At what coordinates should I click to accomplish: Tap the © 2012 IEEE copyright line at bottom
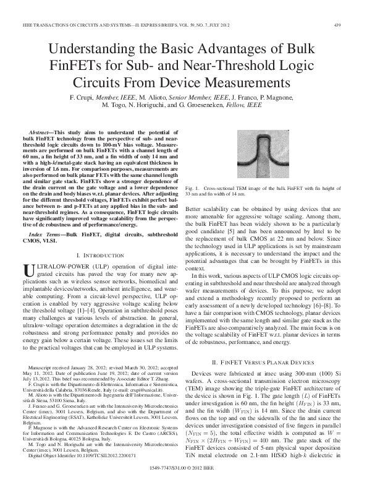tap(198, 469)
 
